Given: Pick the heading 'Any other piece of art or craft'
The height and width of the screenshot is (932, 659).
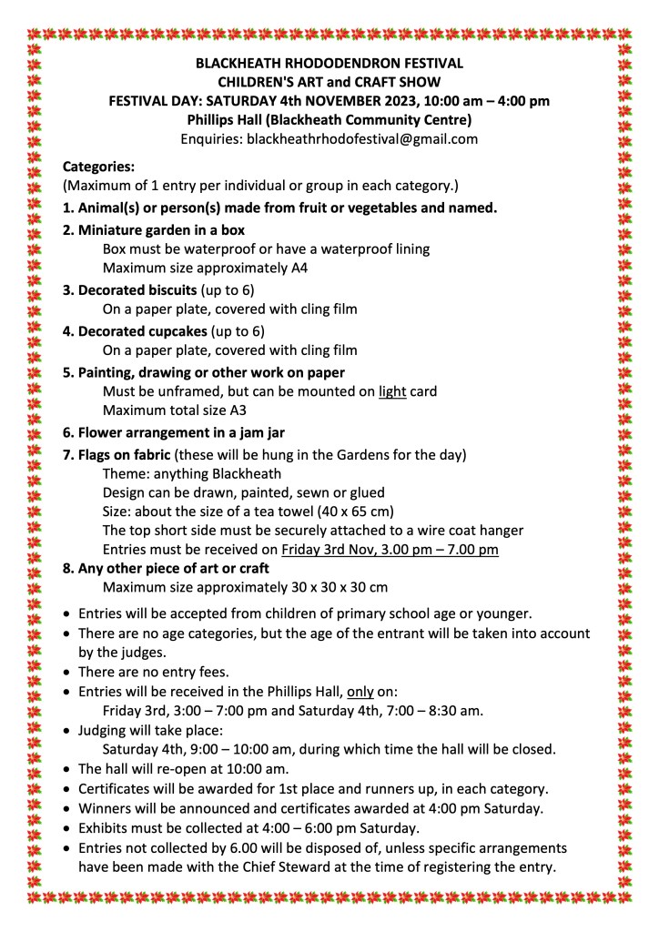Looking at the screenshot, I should [x=168, y=569].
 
